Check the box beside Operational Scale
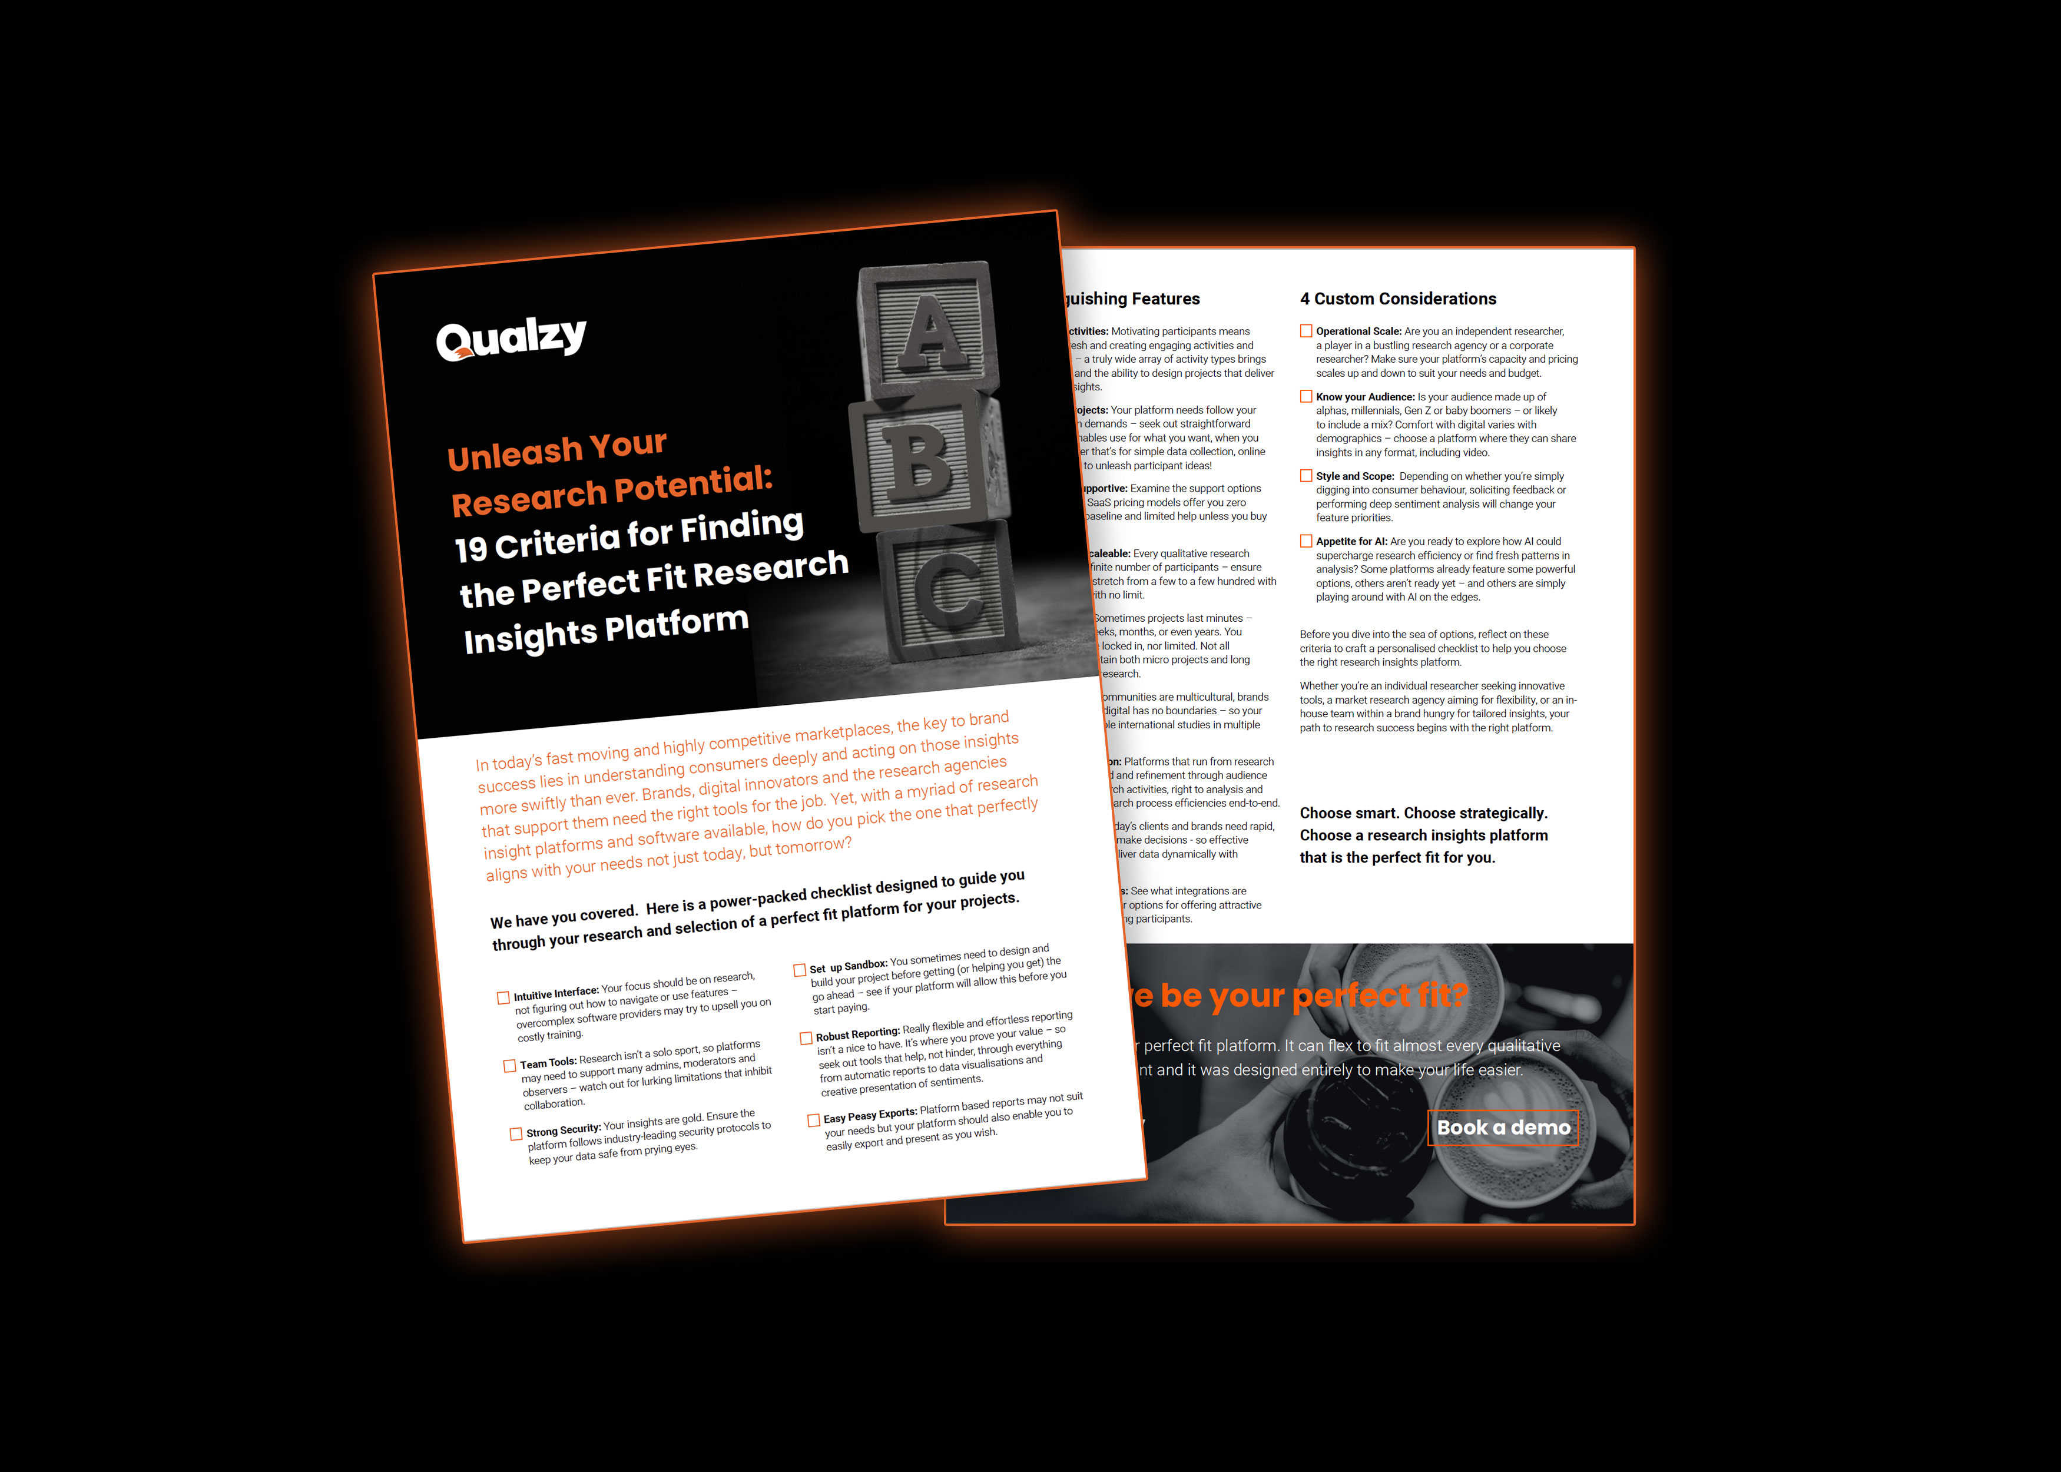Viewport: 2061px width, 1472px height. click(1306, 331)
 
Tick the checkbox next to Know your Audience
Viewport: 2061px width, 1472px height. click(1306, 397)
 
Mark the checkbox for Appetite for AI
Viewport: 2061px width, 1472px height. click(1306, 541)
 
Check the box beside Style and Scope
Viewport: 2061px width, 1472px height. click(1306, 476)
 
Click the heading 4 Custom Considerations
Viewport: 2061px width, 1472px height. click(1397, 299)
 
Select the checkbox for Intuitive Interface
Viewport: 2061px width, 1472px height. click(503, 998)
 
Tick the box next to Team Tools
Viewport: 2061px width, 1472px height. click(509, 1066)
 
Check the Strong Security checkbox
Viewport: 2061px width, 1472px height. click(516, 1134)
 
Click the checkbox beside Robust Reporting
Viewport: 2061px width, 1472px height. click(806, 1039)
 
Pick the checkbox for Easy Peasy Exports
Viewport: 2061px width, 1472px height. click(813, 1120)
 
